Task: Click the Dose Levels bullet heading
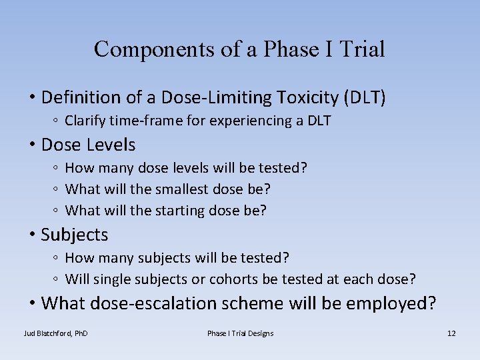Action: [x=88, y=145]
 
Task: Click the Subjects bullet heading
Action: [x=74, y=235]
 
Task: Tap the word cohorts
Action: [x=233, y=279]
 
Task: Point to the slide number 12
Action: [x=451, y=333]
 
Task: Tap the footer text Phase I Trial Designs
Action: [x=240, y=333]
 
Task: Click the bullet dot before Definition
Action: [x=32, y=98]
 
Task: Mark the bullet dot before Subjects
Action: [x=32, y=235]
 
